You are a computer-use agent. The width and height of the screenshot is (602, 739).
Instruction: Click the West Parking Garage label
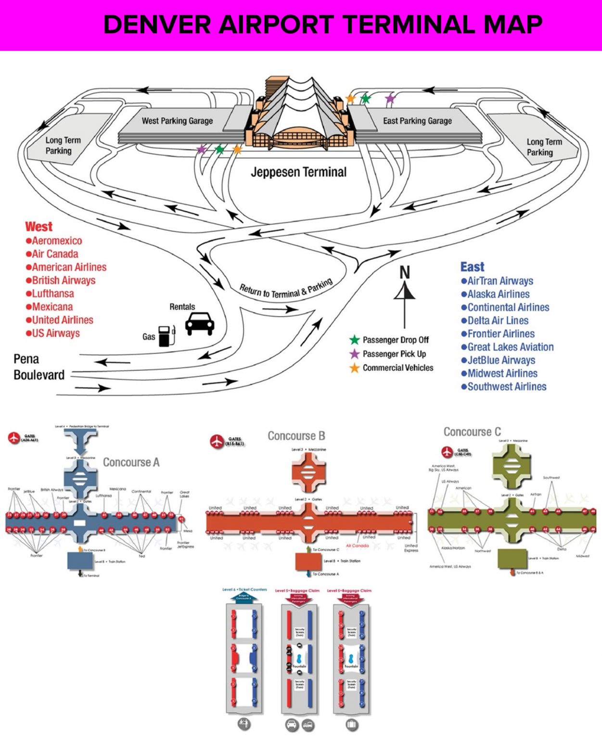click(177, 121)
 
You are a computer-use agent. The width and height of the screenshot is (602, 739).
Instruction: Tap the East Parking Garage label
click(417, 121)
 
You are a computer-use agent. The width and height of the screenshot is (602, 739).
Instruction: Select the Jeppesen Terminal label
click(298, 172)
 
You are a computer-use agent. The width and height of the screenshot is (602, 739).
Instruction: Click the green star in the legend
click(355, 340)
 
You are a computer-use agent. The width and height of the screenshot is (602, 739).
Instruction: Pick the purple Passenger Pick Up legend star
click(355, 354)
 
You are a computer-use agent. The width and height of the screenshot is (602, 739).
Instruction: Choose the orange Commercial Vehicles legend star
click(355, 368)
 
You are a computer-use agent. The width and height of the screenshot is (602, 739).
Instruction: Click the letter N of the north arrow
click(405, 273)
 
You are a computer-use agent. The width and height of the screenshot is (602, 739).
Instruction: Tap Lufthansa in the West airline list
click(52, 293)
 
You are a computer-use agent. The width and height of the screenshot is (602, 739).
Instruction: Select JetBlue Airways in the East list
click(501, 360)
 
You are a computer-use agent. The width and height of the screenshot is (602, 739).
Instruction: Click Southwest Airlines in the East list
click(507, 387)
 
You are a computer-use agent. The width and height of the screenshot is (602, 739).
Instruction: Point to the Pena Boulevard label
click(38, 367)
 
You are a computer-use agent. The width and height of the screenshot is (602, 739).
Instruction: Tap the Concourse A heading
click(131, 462)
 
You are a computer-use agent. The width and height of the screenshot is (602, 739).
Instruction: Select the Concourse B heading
click(296, 436)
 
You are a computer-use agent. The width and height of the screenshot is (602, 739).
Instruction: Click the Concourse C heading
click(472, 432)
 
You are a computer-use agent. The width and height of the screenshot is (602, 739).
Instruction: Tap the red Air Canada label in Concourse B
click(357, 546)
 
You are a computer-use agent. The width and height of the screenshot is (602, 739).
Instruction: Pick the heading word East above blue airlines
click(472, 267)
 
